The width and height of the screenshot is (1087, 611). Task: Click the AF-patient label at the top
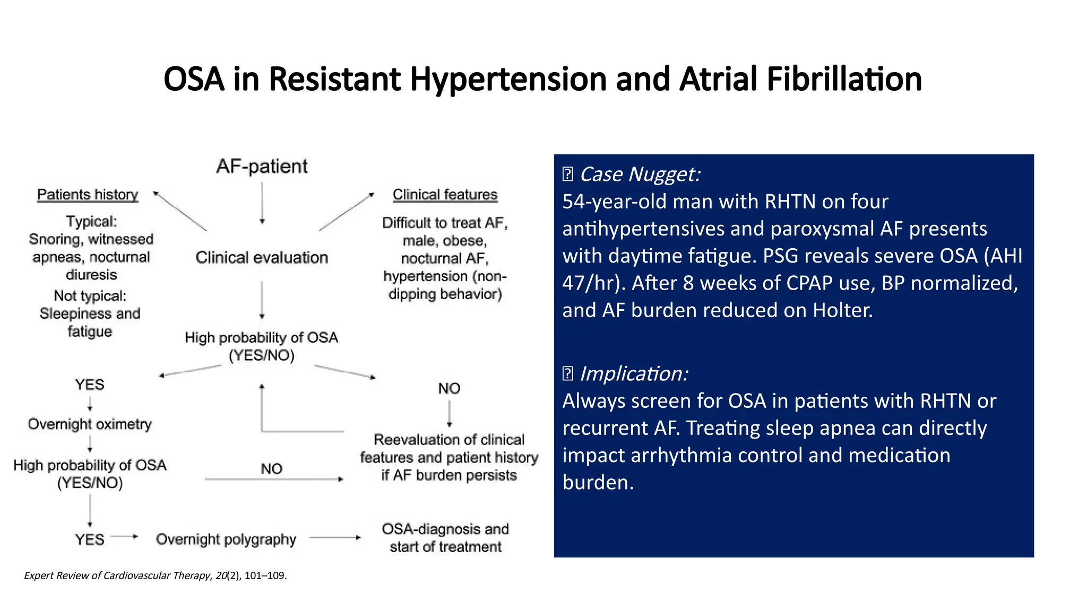point(262,167)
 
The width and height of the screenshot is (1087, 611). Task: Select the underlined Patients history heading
point(88,195)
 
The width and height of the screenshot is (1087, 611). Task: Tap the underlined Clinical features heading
point(445,195)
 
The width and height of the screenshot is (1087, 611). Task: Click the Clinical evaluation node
point(262,258)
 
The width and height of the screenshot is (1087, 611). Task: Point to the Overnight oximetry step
point(90,424)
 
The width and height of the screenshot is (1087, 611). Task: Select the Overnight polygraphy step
point(226,539)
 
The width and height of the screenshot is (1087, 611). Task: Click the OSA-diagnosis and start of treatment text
point(445,538)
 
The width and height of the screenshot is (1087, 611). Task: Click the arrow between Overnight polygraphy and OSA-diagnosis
point(335,538)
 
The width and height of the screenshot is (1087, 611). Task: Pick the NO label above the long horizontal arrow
point(271,469)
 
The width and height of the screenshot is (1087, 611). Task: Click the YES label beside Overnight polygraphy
point(89,539)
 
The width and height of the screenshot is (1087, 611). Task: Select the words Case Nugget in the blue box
point(639,174)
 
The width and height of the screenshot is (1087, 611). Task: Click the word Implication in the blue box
point(633,374)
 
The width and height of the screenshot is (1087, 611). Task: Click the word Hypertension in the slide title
point(508,80)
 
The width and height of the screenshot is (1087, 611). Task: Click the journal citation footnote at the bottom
point(155,575)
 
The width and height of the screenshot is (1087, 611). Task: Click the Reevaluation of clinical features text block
point(449,457)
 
